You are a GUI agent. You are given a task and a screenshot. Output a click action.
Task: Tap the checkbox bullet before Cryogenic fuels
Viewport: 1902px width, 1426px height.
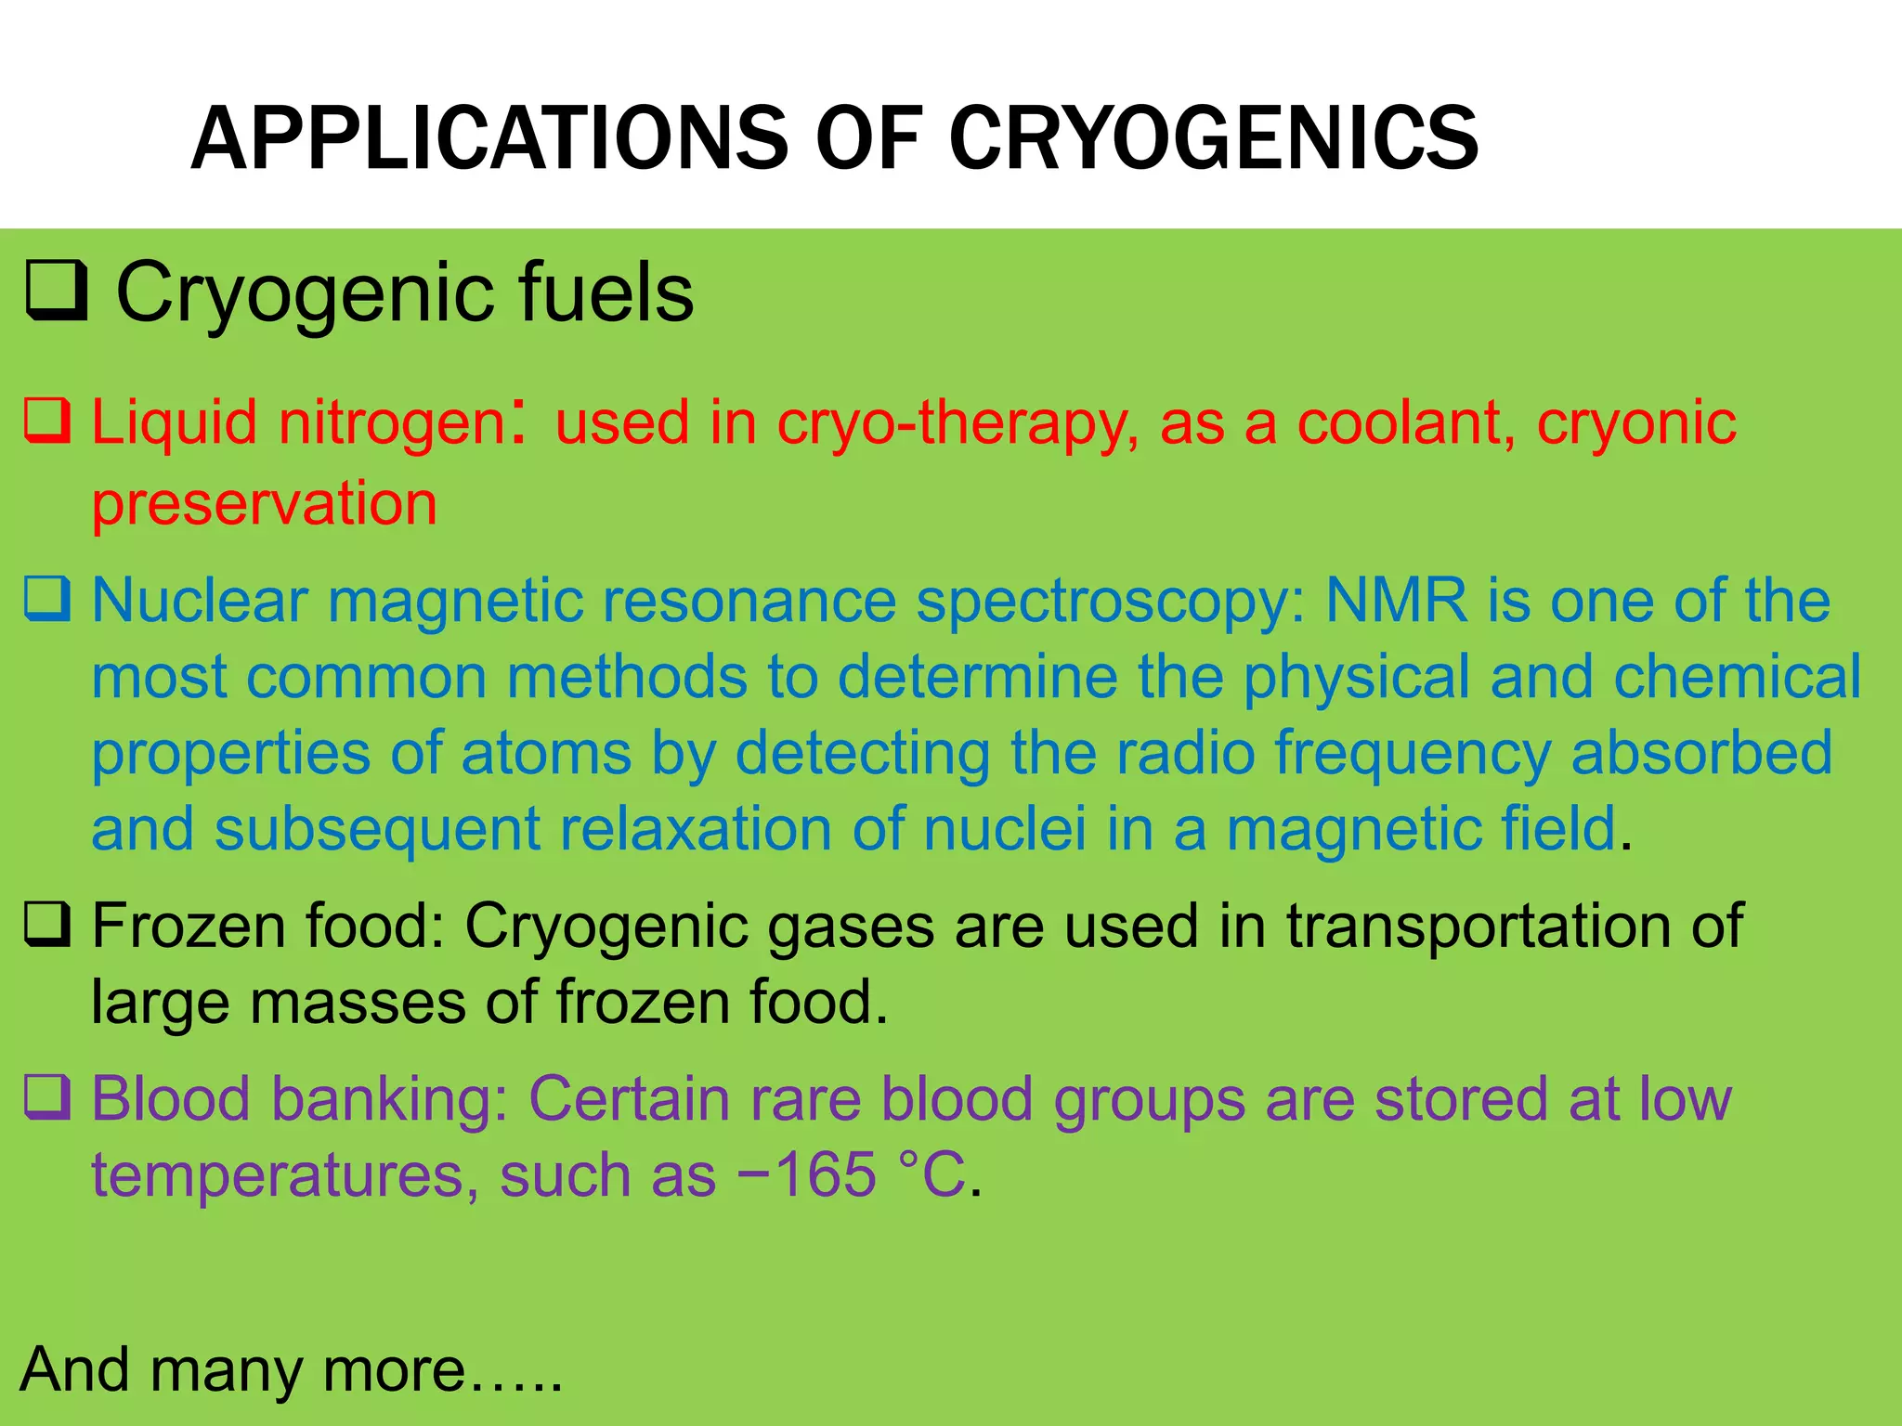coord(56,291)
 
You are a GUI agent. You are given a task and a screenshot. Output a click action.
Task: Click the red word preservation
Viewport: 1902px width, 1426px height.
coord(264,504)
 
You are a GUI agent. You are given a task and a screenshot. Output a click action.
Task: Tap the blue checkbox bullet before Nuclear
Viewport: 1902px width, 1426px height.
coord(46,599)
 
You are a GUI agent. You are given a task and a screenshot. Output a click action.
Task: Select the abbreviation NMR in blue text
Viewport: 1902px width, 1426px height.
coord(1396,601)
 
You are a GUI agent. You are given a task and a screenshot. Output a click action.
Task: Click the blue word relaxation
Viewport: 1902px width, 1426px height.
coord(696,828)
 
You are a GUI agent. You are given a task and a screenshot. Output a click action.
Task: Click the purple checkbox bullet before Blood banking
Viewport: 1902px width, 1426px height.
coord(46,1097)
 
